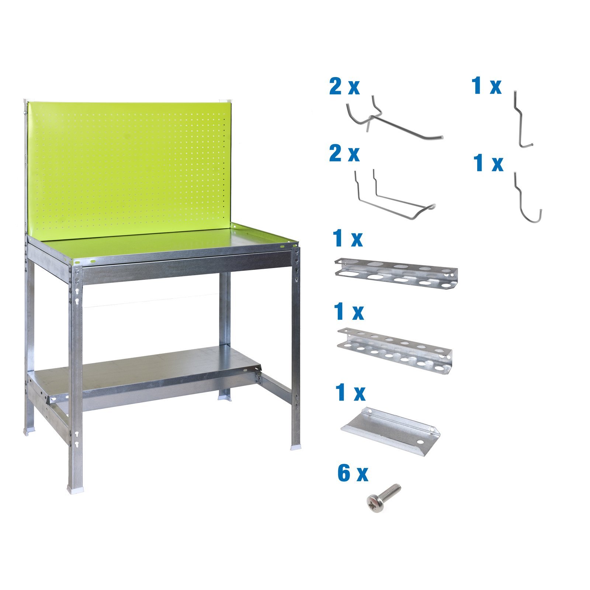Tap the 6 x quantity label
[x=353, y=473]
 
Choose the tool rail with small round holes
[x=395, y=350]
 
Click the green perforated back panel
[x=129, y=170]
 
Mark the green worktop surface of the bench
[x=166, y=243]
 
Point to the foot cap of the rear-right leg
[x=225, y=397]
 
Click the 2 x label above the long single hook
[x=344, y=87]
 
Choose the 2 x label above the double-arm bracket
[x=344, y=153]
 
